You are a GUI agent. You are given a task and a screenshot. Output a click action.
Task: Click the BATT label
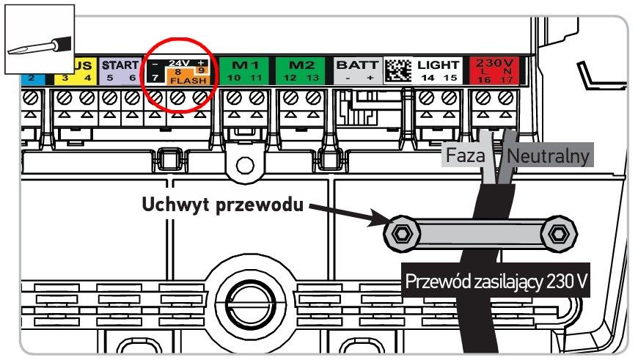pyautogui.click(x=357, y=65)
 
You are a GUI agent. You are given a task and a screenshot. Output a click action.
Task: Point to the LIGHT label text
pyautogui.click(x=439, y=65)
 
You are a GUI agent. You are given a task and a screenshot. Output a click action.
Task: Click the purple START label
pyautogui.click(x=120, y=65)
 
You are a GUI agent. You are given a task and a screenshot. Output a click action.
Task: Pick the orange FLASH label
pyautogui.click(x=188, y=81)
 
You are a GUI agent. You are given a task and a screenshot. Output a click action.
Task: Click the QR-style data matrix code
pyautogui.click(x=398, y=70)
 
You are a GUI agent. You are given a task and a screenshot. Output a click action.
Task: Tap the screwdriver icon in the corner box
pyautogui.click(x=40, y=46)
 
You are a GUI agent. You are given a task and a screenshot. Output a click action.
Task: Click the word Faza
pyautogui.click(x=466, y=155)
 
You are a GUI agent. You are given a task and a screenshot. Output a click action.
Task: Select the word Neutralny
pyautogui.click(x=548, y=155)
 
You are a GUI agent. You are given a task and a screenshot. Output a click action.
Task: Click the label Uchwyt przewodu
pyautogui.click(x=223, y=205)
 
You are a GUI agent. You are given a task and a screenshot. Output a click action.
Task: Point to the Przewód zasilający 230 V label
pyautogui.click(x=496, y=282)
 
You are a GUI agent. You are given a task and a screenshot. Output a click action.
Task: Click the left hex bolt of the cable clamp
pyautogui.click(x=402, y=234)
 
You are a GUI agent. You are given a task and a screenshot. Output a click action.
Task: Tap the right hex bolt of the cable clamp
pyautogui.click(x=559, y=234)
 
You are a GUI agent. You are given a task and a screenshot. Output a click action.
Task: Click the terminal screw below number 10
pyautogui.click(x=234, y=98)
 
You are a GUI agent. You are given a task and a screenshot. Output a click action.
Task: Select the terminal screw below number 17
pyautogui.click(x=506, y=98)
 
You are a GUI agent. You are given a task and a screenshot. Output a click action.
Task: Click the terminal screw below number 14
pyautogui.click(x=426, y=98)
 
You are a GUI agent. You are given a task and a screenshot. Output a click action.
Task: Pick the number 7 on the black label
pyautogui.click(x=155, y=77)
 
